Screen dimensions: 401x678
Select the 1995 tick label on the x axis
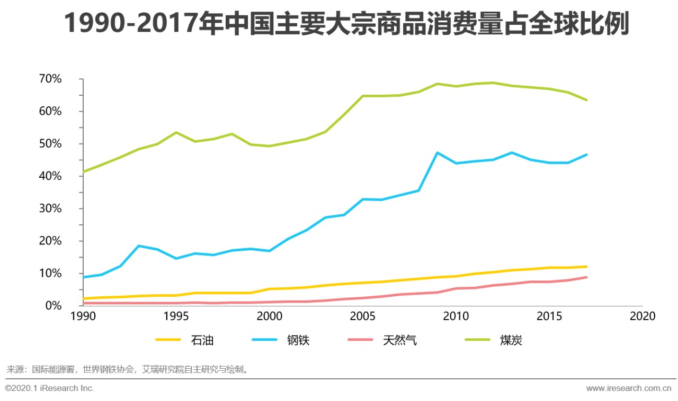[x=176, y=316]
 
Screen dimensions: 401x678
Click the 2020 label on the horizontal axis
[x=643, y=316]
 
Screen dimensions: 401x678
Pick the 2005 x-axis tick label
[x=363, y=316]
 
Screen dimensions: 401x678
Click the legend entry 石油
[x=202, y=340]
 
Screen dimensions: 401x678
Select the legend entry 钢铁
[x=298, y=340]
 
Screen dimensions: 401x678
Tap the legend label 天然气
[x=399, y=340]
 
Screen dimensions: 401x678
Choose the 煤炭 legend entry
[x=511, y=340]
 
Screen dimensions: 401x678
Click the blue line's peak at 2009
[x=438, y=152]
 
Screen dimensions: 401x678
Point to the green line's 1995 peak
[x=176, y=132]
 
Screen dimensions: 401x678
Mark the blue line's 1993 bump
[x=139, y=246]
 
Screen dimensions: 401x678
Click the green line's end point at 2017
[x=586, y=100]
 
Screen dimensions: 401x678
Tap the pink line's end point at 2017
[x=586, y=277]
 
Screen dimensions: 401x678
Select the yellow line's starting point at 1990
[x=83, y=298]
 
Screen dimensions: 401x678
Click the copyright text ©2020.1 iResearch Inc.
[x=50, y=388]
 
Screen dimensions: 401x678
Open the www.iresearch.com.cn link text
[x=629, y=388]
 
